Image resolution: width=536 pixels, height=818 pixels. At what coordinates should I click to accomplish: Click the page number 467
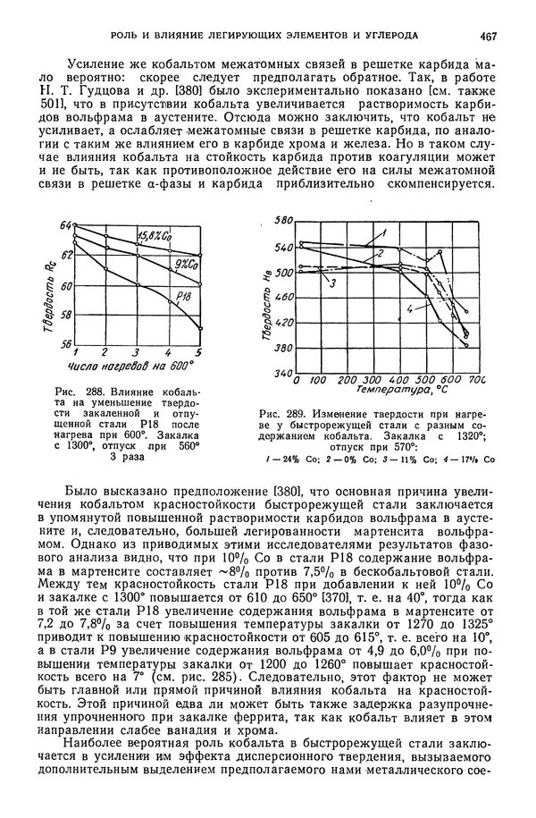(x=488, y=36)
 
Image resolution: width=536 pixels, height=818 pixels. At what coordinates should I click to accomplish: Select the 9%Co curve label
(x=185, y=264)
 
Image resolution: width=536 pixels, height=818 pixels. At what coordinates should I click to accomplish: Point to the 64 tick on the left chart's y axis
(x=65, y=227)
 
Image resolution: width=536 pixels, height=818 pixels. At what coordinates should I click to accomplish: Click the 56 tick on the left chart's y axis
(x=65, y=342)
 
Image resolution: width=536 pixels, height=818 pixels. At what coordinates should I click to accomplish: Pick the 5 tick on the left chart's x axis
(x=199, y=352)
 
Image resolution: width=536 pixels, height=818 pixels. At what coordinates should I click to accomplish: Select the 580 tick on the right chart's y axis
(x=284, y=220)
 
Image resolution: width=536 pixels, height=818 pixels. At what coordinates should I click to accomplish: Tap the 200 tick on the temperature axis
(x=348, y=380)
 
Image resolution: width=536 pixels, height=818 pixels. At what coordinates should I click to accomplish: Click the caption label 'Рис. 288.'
(x=75, y=392)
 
